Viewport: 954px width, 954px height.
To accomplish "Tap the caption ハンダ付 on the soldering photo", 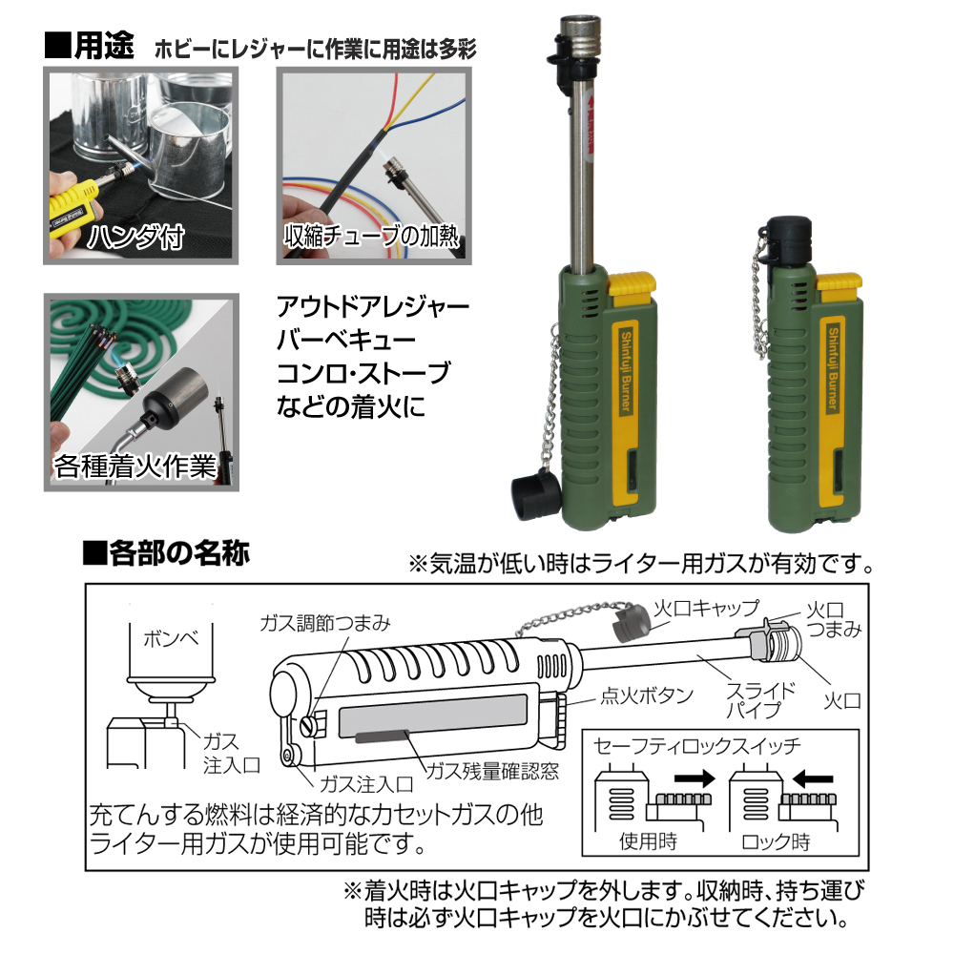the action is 135,236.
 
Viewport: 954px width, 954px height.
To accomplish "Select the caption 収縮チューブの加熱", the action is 371,236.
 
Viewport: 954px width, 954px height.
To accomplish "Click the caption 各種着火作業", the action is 135,467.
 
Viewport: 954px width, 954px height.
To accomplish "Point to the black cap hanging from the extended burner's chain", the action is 535,495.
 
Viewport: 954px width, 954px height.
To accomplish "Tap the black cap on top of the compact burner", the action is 789,242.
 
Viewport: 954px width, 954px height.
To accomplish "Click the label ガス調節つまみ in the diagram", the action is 325,623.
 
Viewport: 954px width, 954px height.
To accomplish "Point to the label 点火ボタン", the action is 647,695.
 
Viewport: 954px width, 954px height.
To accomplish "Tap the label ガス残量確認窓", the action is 492,772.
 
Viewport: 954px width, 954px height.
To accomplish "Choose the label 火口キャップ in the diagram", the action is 706,607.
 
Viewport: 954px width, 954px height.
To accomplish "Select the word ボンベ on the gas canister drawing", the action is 171,639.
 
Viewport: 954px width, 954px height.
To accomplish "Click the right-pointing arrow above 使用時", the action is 695,778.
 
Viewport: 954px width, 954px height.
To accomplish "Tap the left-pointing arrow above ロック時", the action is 813,778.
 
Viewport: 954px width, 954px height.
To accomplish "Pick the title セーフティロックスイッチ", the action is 697,746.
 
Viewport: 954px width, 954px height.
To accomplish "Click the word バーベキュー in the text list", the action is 346,340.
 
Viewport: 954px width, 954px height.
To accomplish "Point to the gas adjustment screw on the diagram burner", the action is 309,725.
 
